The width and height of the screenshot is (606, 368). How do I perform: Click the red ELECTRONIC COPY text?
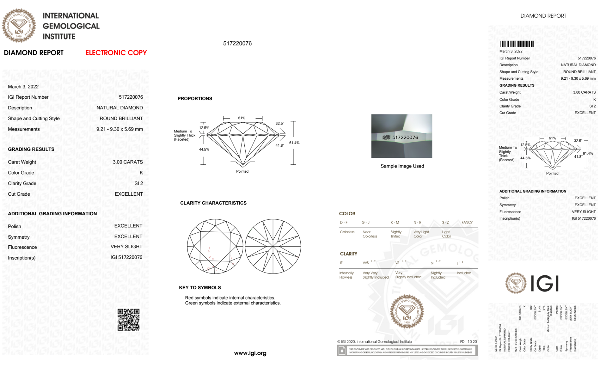[116, 53]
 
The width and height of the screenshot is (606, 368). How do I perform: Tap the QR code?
[128, 320]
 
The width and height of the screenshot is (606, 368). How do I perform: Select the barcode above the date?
[516, 44]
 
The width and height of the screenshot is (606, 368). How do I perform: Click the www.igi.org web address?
[250, 353]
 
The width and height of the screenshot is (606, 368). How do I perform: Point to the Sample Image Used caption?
[402, 166]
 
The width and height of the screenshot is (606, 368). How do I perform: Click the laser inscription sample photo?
[402, 136]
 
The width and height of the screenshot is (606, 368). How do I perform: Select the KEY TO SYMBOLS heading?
[200, 287]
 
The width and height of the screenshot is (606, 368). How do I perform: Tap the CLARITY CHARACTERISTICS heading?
[213, 203]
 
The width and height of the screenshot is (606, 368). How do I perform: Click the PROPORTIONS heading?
[195, 98]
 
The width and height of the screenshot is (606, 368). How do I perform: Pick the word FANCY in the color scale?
[467, 222]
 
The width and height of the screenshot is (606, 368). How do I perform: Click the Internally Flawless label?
[346, 275]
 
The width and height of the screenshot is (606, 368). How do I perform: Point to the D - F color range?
[344, 222]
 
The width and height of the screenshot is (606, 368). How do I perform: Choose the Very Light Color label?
[421, 234]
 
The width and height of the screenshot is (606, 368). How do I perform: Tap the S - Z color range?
[445, 222]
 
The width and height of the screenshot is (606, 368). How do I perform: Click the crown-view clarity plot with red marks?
[215, 246]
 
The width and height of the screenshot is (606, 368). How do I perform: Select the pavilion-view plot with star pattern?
[273, 246]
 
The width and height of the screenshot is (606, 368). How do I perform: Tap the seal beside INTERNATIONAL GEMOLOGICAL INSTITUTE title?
[19, 25]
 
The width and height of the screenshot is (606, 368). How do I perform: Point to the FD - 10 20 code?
[468, 341]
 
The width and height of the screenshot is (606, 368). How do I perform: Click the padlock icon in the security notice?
[342, 351]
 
